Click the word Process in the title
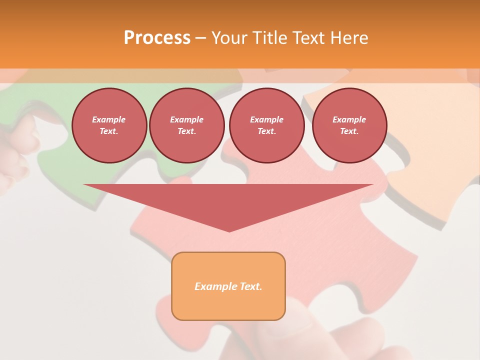[x=157, y=38]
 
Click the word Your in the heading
[x=228, y=38]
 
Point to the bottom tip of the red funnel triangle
[x=229, y=231]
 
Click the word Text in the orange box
[x=250, y=286]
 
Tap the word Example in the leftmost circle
[x=109, y=119]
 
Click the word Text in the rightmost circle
[x=349, y=131]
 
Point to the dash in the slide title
[x=200, y=38]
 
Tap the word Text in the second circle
[x=186, y=131]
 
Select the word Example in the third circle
[x=266, y=119]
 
